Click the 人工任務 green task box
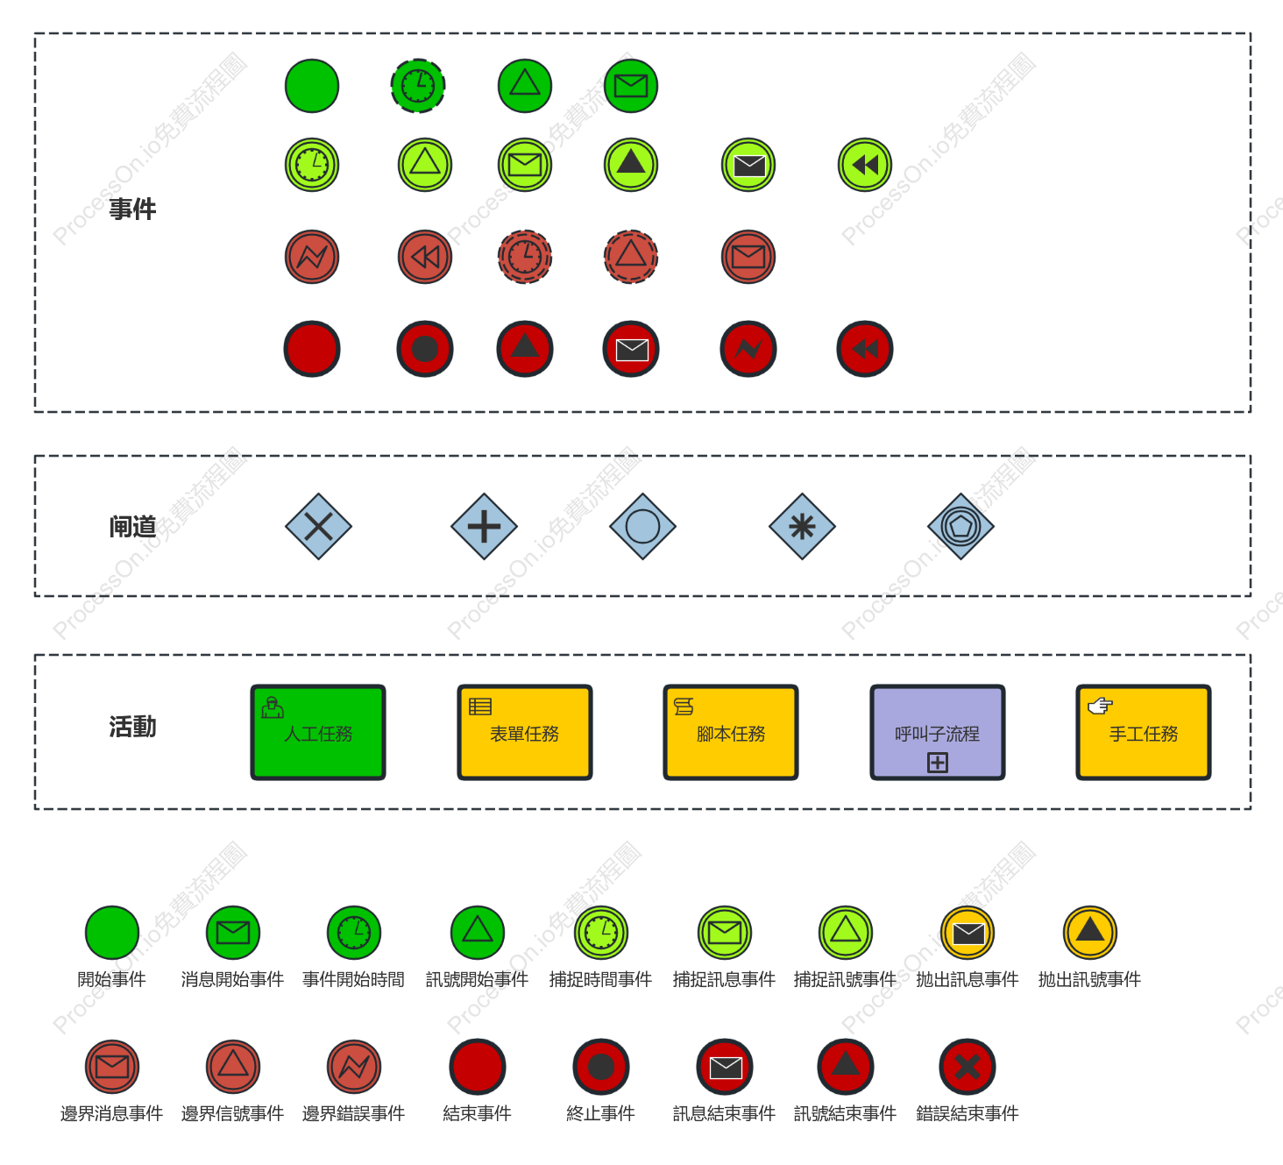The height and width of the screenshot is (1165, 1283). click(318, 733)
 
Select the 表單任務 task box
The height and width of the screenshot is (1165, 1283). click(524, 733)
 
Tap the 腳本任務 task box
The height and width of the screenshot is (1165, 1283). click(730, 733)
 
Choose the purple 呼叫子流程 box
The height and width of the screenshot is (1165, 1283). click(937, 733)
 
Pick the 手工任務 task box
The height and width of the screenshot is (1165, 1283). click(1144, 733)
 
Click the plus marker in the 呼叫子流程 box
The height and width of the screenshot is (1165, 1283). click(938, 763)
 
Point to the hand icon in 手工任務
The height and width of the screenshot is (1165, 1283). click(1100, 706)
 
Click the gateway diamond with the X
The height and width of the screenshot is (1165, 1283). click(318, 527)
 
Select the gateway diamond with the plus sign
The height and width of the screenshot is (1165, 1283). click(484, 527)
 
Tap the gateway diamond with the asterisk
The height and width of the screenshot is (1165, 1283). click(802, 527)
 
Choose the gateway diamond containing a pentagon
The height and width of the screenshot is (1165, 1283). click(960, 527)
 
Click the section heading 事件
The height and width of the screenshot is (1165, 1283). click(132, 210)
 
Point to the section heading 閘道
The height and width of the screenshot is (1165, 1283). click(132, 527)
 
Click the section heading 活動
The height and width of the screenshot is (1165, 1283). click(132, 726)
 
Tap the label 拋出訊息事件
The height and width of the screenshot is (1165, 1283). click(967, 979)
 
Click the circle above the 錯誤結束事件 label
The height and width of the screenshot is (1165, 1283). click(967, 1067)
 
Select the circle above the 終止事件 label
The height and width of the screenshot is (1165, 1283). click(601, 1067)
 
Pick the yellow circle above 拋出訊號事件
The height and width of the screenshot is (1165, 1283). click(1090, 932)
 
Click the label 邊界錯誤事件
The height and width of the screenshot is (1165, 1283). click(354, 1113)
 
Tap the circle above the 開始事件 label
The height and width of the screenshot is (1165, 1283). click(112, 932)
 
